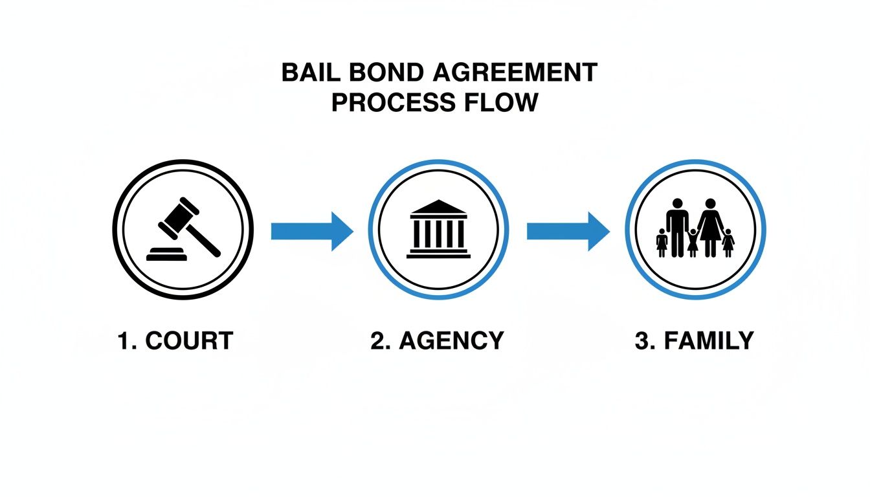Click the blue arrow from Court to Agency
click(x=311, y=230)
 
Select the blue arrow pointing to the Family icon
click(x=568, y=230)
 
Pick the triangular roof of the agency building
click(x=439, y=207)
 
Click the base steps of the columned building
click(x=439, y=254)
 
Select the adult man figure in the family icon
click(x=677, y=226)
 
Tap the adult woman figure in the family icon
click(x=710, y=226)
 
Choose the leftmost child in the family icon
click(x=662, y=243)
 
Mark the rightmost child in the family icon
click(x=728, y=243)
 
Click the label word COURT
click(x=188, y=341)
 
